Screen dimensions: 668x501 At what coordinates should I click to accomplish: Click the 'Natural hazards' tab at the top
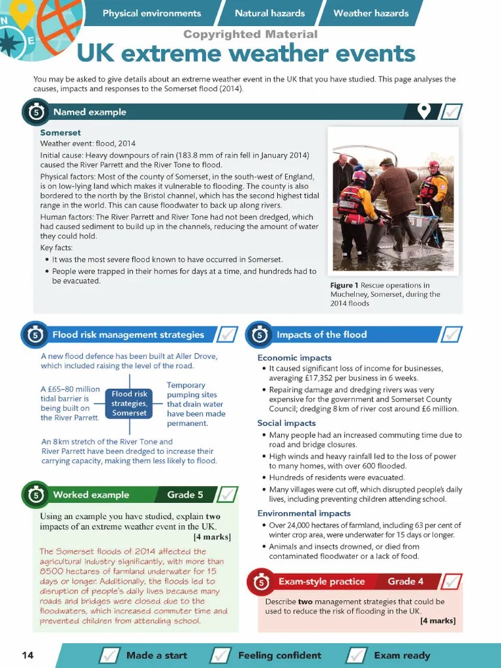pos(269,13)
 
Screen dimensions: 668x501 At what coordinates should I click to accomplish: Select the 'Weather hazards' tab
pos(371,13)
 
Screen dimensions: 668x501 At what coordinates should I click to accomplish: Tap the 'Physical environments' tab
pos(151,13)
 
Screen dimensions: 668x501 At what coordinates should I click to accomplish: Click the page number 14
pos(27,655)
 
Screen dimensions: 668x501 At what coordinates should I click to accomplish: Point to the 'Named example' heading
pos(89,112)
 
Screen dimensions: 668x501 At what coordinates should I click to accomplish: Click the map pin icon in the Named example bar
pos(424,112)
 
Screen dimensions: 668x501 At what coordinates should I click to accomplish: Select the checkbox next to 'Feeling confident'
pos(222,655)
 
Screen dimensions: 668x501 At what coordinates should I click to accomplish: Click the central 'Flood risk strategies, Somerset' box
pos(129,403)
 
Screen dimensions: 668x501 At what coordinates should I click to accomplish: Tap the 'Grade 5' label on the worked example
pos(185,494)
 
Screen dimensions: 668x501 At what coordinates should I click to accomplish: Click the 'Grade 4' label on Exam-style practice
pos(405,581)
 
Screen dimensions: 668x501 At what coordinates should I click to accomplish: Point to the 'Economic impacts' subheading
pos(294,357)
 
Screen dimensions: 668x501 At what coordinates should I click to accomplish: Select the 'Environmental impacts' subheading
pos(304,513)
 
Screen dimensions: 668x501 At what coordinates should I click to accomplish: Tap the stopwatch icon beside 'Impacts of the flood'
pos(260,335)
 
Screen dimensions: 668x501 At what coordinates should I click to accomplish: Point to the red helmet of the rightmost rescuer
pos(434,164)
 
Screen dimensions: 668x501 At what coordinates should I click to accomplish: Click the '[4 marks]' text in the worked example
pos(212,537)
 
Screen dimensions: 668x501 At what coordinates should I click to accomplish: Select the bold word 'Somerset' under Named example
pos(61,133)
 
